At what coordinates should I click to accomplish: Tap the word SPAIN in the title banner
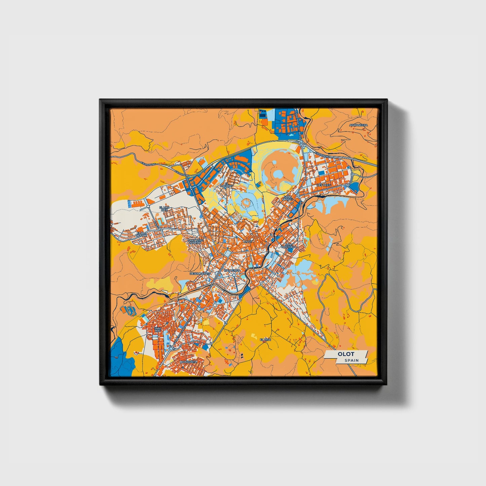(351, 360)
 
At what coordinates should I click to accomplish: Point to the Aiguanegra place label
(359, 125)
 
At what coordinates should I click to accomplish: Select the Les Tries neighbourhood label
(324, 185)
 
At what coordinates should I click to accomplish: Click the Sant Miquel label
(288, 198)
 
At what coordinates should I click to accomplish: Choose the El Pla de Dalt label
(142, 234)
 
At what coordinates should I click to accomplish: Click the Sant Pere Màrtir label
(195, 241)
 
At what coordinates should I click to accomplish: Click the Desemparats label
(200, 273)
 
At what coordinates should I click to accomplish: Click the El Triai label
(265, 340)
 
